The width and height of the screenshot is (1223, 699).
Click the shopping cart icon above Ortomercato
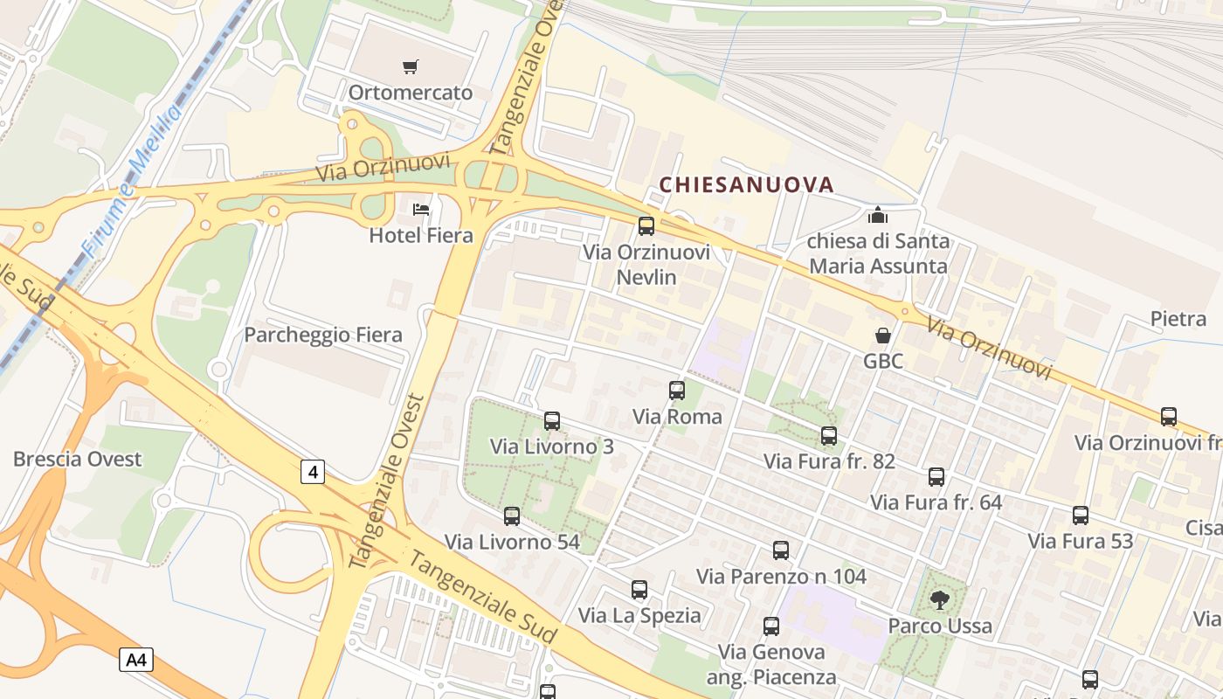[411, 66]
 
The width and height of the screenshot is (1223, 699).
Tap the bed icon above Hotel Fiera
[421, 210]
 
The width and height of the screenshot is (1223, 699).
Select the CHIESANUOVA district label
[746, 184]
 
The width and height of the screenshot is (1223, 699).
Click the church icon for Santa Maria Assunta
[877, 214]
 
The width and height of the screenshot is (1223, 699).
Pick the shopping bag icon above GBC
[883, 336]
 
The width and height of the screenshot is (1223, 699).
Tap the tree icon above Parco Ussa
[940, 599]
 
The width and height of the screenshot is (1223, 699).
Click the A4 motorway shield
[136, 659]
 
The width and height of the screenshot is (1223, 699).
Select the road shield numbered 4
[313, 473]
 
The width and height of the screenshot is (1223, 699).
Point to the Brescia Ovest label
[77, 459]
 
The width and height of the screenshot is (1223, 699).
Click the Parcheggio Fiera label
[323, 335]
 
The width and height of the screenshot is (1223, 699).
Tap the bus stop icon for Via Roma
[677, 391]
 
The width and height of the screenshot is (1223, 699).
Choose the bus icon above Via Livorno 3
[552, 421]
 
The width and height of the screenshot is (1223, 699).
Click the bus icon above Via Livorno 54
[512, 516]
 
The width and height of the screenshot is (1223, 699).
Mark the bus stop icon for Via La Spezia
[639, 590]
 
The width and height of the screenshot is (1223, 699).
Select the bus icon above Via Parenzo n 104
[781, 550]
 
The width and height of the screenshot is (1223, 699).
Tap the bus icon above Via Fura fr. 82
[829, 435]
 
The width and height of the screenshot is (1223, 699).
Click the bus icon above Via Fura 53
[1081, 516]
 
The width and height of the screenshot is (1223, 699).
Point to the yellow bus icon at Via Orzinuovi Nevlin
[646, 226]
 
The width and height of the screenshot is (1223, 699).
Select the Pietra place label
[1178, 319]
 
